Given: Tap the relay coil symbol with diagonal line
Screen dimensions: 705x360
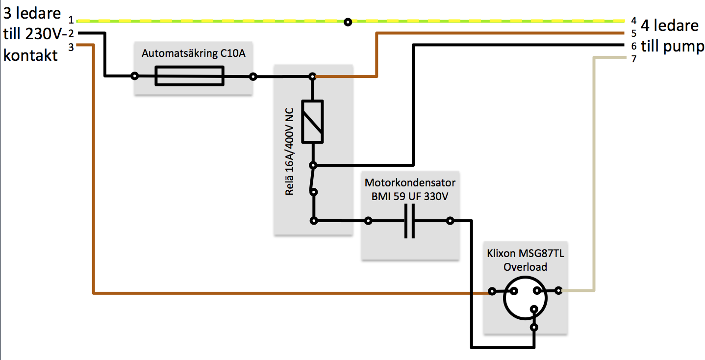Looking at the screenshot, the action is [312, 122].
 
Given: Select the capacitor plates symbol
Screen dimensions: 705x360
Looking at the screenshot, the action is [409, 221].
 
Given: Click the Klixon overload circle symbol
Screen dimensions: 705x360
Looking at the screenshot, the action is [525, 298].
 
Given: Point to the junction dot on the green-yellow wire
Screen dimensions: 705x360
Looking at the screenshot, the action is [348, 22].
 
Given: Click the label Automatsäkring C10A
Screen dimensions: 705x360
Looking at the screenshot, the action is [193, 53].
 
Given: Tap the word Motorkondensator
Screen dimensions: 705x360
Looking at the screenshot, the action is [410, 182].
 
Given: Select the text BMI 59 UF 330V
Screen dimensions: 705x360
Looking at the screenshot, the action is [410, 197].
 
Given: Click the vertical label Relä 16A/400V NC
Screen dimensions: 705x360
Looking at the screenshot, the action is [289, 152].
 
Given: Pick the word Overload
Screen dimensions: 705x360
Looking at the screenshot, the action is [525, 267].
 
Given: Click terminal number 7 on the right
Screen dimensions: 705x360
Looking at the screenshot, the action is [634, 59].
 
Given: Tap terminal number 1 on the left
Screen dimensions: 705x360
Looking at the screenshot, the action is [71, 20].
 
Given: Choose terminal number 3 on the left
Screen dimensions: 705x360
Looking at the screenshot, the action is [71, 47].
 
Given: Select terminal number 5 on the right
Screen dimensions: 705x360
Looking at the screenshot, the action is [634, 33].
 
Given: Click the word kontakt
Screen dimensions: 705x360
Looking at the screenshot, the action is [30, 55].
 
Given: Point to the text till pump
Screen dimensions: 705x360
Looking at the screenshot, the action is [673, 46].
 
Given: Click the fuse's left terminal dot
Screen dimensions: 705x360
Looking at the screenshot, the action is [135, 76].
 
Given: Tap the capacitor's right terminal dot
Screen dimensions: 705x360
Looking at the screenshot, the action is [450, 221].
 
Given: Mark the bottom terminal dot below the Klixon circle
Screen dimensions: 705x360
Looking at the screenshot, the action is [534, 327].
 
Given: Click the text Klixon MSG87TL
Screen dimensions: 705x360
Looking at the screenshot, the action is [525, 253].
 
